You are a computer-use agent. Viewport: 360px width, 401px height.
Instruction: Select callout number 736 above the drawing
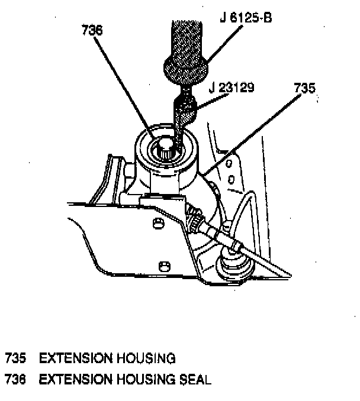(92, 30)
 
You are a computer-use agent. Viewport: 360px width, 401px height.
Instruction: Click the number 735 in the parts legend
(17, 358)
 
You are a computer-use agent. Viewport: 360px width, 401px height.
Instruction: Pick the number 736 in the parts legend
(17, 379)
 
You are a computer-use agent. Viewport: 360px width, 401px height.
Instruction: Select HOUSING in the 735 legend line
(146, 358)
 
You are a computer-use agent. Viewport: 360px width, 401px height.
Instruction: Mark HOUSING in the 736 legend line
(146, 379)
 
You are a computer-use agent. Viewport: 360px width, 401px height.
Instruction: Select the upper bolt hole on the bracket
(158, 222)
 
